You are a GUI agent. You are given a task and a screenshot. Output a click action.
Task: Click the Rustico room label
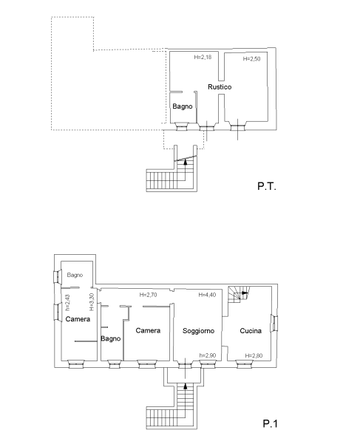coord(220,87)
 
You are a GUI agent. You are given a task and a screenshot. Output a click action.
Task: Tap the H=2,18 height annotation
coord(203,57)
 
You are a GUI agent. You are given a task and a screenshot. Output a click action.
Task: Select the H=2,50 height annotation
coord(251,59)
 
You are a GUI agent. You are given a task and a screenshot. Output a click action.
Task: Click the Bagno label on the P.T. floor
coord(183,106)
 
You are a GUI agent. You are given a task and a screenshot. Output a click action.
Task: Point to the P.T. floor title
coord(267,186)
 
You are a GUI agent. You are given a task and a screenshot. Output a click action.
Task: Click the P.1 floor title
coord(271,423)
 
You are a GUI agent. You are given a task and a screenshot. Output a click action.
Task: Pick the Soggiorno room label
coord(198,331)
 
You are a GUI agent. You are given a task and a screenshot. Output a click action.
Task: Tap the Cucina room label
coord(251,331)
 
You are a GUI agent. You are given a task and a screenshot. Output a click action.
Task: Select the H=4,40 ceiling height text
coord(207,295)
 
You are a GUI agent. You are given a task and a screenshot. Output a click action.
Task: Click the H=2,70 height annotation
coord(148,295)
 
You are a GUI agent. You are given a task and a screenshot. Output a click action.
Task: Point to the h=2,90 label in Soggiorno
coord(208,355)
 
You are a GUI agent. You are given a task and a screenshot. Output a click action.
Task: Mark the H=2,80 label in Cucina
coord(254,355)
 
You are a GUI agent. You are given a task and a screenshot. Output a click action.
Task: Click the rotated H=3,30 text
coord(92,302)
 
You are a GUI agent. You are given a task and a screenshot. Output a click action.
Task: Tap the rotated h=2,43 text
coord(67,303)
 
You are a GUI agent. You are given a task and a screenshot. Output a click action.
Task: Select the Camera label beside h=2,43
coord(78,319)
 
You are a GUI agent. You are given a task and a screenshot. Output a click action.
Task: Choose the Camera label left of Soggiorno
coord(148,330)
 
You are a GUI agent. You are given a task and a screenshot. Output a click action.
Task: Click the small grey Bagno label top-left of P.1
coord(75,275)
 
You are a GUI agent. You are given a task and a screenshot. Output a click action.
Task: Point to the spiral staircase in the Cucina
coord(239,295)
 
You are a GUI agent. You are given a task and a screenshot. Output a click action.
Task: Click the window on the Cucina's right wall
coord(274,323)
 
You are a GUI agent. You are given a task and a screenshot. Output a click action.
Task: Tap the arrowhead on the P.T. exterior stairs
coord(186,162)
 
